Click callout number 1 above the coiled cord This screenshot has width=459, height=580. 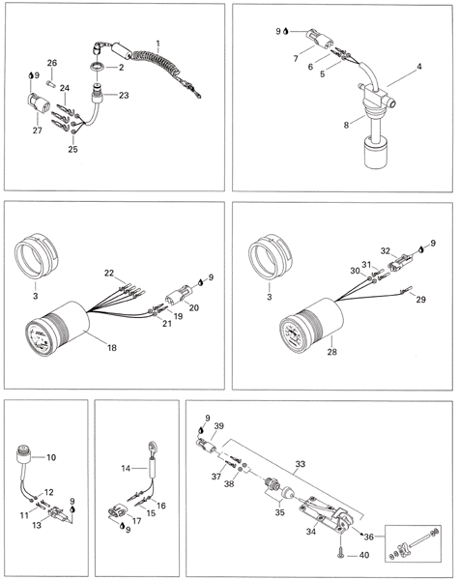[158, 43]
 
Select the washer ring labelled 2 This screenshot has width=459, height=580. [98, 67]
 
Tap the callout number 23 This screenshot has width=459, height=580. [124, 96]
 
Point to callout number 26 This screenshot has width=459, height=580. [52, 63]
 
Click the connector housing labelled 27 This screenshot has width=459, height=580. [38, 102]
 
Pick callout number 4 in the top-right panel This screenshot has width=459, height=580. [419, 67]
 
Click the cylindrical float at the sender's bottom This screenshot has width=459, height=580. [376, 152]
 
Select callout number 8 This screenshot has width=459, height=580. [346, 125]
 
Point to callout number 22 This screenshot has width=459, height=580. [109, 273]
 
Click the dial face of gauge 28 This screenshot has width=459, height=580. [294, 334]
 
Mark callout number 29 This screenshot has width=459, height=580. [421, 300]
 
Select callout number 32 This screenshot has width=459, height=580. [386, 251]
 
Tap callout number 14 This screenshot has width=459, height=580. [127, 468]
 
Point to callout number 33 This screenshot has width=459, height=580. [300, 464]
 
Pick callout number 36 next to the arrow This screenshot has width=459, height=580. [369, 536]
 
